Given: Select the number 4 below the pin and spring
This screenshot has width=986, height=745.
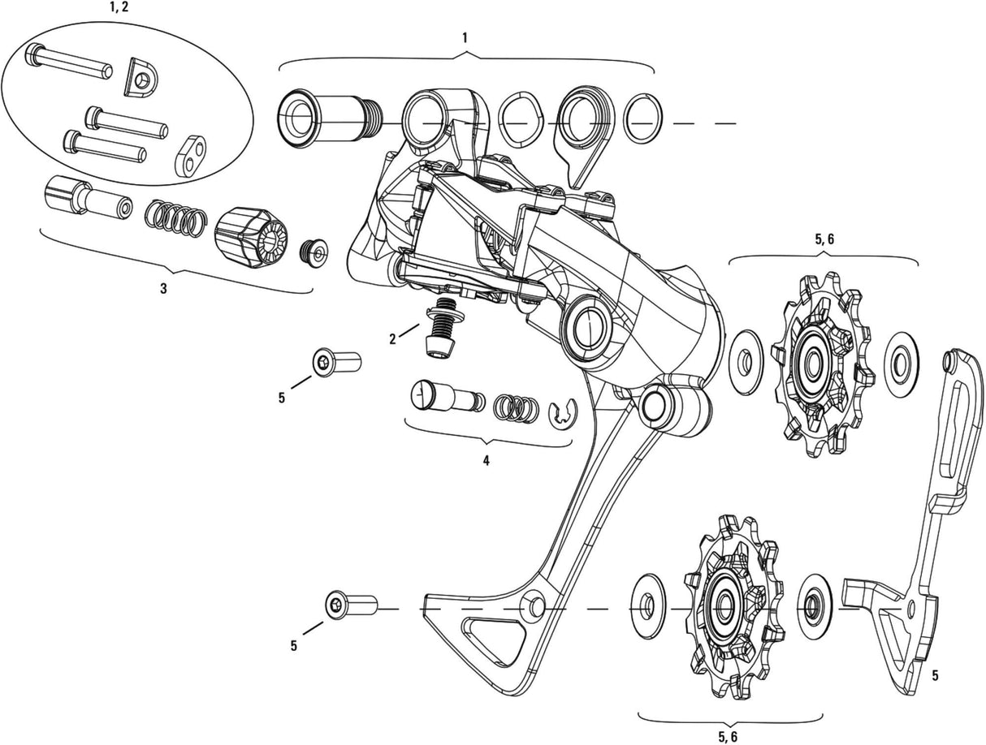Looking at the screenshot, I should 486,460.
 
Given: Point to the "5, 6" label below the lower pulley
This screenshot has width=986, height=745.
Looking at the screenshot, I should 729,736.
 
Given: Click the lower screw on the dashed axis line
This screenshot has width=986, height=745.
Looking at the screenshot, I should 351,605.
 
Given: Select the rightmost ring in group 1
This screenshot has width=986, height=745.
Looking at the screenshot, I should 642,118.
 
